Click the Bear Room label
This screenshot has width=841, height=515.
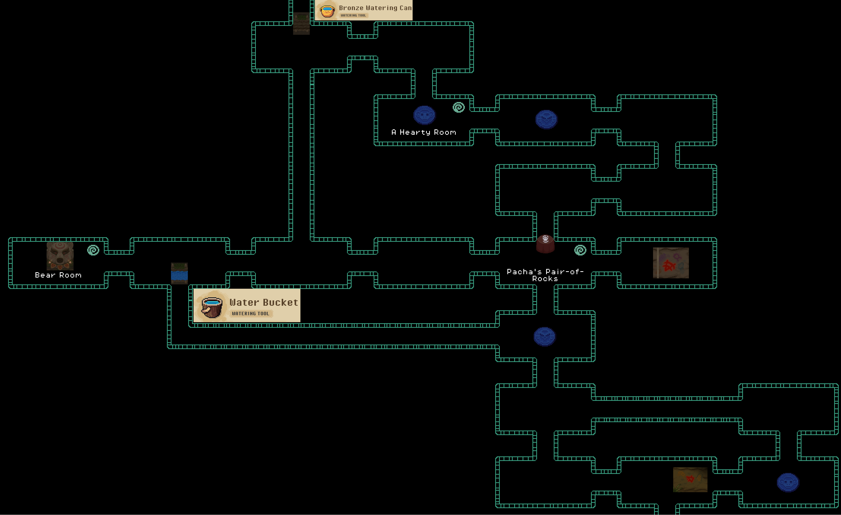tap(58, 275)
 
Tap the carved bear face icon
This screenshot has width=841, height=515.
tap(60, 256)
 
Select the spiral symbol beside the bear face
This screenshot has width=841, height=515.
tap(93, 250)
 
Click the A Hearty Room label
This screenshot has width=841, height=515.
tap(424, 132)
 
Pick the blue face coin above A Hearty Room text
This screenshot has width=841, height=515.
tap(424, 115)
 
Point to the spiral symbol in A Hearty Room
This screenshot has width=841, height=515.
tap(459, 107)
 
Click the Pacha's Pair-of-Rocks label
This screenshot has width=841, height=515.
tap(545, 275)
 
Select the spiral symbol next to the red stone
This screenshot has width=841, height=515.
tap(580, 250)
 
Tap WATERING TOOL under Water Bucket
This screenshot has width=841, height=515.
tap(251, 313)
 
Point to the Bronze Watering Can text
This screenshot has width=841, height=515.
tap(375, 8)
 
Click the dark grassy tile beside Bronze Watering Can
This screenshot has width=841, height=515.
tap(301, 23)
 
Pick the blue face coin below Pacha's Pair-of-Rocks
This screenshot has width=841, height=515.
tap(544, 337)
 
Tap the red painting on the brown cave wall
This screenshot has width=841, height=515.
tap(690, 479)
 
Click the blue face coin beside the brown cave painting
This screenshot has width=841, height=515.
tap(788, 482)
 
